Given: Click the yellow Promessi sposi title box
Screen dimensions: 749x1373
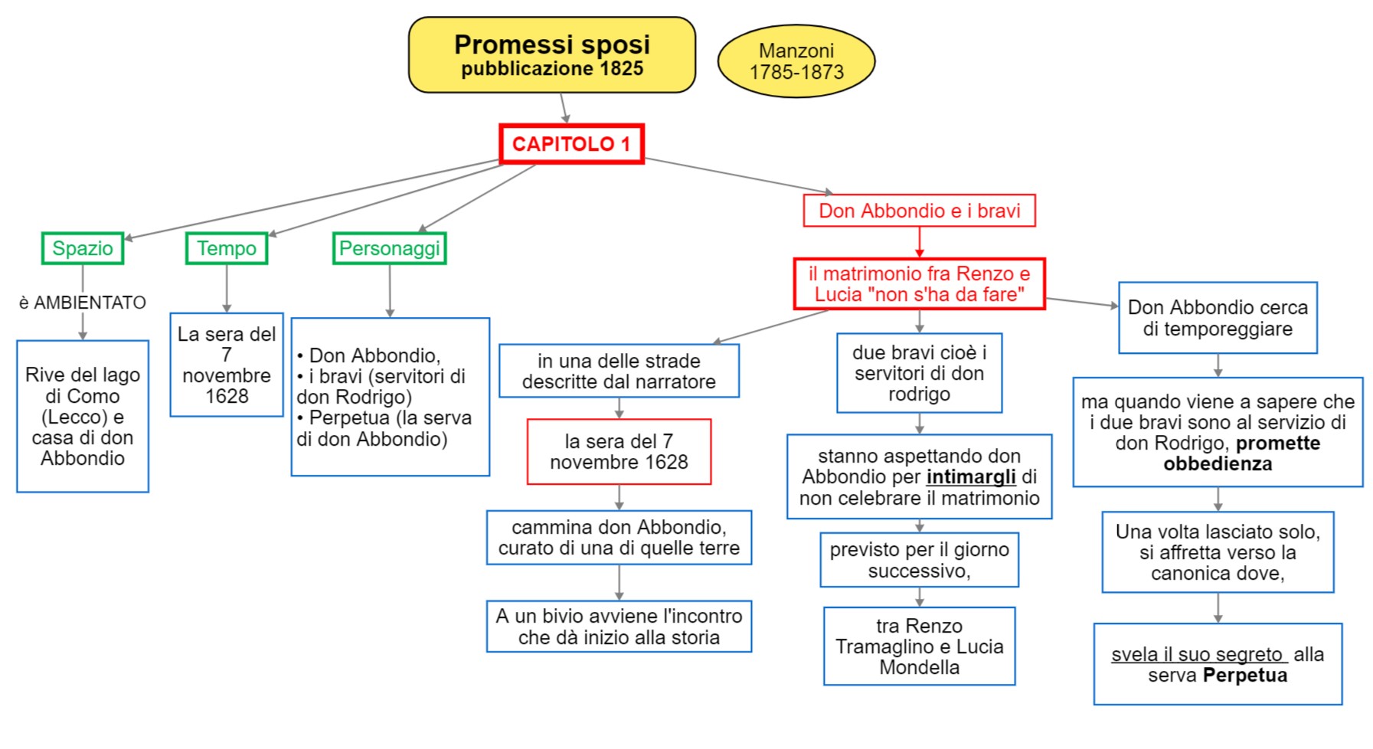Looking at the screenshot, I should click(x=551, y=55).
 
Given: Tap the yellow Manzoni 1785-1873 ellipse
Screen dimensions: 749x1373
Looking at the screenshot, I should click(x=796, y=61).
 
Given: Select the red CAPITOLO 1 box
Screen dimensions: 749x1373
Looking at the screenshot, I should click(x=571, y=144).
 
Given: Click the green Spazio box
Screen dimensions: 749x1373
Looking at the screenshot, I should click(x=83, y=248).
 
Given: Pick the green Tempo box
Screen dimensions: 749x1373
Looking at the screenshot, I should click(x=227, y=248).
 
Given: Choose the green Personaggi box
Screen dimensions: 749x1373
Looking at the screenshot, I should click(x=389, y=248).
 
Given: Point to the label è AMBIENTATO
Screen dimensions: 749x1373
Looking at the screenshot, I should click(x=83, y=303).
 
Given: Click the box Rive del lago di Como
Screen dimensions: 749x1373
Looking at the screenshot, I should click(x=83, y=416).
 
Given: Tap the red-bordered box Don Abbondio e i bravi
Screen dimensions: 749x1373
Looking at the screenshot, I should click(x=919, y=211).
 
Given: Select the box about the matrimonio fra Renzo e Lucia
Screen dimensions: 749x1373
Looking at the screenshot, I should click(x=919, y=284).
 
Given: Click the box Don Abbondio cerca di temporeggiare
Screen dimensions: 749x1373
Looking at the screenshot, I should click(x=1218, y=318).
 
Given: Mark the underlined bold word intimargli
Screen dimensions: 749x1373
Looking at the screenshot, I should click(x=971, y=477).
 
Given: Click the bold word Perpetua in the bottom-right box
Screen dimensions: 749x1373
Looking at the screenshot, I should click(x=1244, y=675).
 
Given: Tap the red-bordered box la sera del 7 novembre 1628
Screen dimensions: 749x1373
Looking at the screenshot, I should click(x=619, y=452).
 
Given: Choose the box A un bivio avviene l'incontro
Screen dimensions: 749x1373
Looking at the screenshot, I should click(x=619, y=626).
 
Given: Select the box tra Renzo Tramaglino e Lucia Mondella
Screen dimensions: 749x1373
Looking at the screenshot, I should click(x=919, y=646).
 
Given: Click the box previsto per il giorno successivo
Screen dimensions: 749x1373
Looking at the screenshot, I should click(x=919, y=560).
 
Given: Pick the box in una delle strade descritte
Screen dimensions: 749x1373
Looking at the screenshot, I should click(x=619, y=371).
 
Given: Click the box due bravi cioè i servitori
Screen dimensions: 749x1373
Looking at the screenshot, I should click(x=919, y=373).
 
